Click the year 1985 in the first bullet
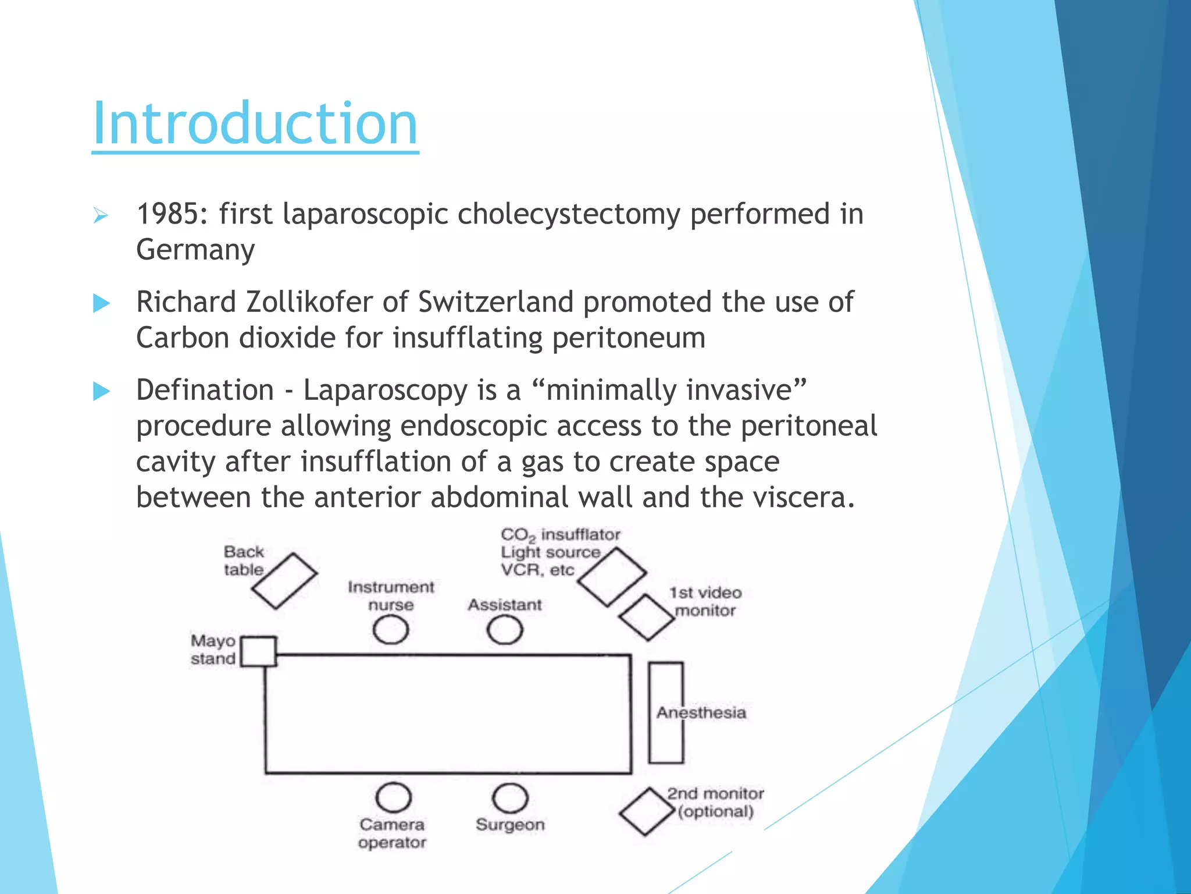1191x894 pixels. pyautogui.click(x=172, y=214)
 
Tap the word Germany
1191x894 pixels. pyautogui.click(x=195, y=250)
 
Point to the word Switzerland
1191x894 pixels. pyautogui.click(x=495, y=303)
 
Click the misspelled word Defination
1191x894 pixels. pyautogui.click(x=205, y=391)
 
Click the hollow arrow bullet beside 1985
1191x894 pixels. pyautogui.click(x=101, y=217)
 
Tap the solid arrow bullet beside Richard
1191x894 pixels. pyautogui.click(x=101, y=303)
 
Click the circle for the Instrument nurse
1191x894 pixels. pyautogui.click(x=390, y=630)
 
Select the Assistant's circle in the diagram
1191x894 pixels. pyautogui.click(x=504, y=630)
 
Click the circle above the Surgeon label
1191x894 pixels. pyautogui.click(x=510, y=797)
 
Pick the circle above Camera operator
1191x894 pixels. pyautogui.click(x=394, y=797)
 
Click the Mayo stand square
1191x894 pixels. pyautogui.click(x=258, y=651)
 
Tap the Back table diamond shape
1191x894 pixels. pyautogui.click(x=284, y=580)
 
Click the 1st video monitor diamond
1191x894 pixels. pyautogui.click(x=646, y=617)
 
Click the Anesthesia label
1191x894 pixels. pyautogui.click(x=701, y=712)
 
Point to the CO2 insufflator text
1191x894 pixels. pyautogui.click(x=560, y=534)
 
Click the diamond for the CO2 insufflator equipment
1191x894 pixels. pyautogui.click(x=612, y=576)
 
